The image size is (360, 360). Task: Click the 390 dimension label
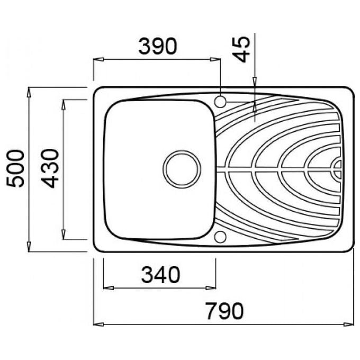pyautogui.click(x=158, y=47)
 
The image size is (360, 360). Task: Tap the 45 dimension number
pyautogui.click(x=241, y=49)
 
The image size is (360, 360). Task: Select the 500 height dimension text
pyautogui.click(x=15, y=168)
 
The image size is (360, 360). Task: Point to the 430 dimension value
pyautogui.click(x=50, y=168)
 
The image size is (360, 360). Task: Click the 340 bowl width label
pyautogui.click(x=160, y=275)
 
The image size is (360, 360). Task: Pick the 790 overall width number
pyautogui.click(x=224, y=311)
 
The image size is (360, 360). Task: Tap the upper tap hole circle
pyautogui.click(x=220, y=102)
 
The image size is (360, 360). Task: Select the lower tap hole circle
pyautogui.click(x=220, y=237)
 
